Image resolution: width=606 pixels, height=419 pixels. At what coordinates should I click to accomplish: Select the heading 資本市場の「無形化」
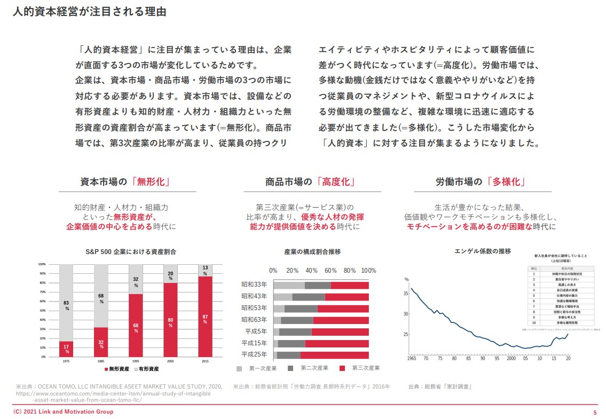(x=126, y=181)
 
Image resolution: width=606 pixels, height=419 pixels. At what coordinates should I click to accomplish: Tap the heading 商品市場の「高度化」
(x=311, y=181)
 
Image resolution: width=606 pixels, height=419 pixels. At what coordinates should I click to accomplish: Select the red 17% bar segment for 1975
(x=67, y=349)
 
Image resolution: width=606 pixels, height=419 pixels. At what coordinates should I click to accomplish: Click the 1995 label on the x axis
(x=136, y=361)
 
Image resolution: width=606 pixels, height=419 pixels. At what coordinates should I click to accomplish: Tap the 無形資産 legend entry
(x=116, y=369)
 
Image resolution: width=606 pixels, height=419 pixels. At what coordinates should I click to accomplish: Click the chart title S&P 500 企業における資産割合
(x=131, y=251)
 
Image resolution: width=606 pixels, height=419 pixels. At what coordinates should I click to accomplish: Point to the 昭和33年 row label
(x=255, y=285)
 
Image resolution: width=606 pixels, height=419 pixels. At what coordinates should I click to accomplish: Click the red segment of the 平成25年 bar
(x=334, y=354)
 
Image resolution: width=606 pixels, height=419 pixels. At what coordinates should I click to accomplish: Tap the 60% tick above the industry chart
(x=330, y=270)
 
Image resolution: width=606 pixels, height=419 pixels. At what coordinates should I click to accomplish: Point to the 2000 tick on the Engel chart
(x=511, y=358)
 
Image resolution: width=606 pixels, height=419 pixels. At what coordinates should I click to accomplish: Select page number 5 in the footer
(x=595, y=412)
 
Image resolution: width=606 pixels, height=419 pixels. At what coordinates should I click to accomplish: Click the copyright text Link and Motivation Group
(x=64, y=412)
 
